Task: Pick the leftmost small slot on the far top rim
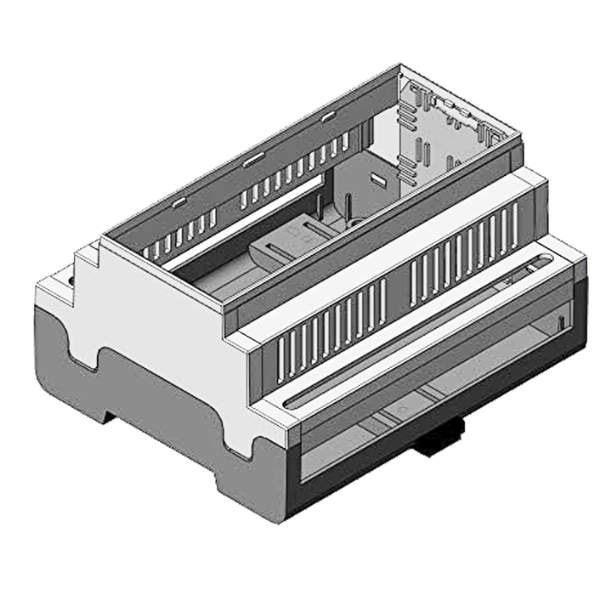pyautogui.click(x=178, y=202)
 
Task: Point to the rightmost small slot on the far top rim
pyautogui.click(x=327, y=116)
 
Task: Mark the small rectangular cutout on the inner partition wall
pyautogui.click(x=378, y=179)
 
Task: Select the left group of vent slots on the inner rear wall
pyautogui.click(x=183, y=234)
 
